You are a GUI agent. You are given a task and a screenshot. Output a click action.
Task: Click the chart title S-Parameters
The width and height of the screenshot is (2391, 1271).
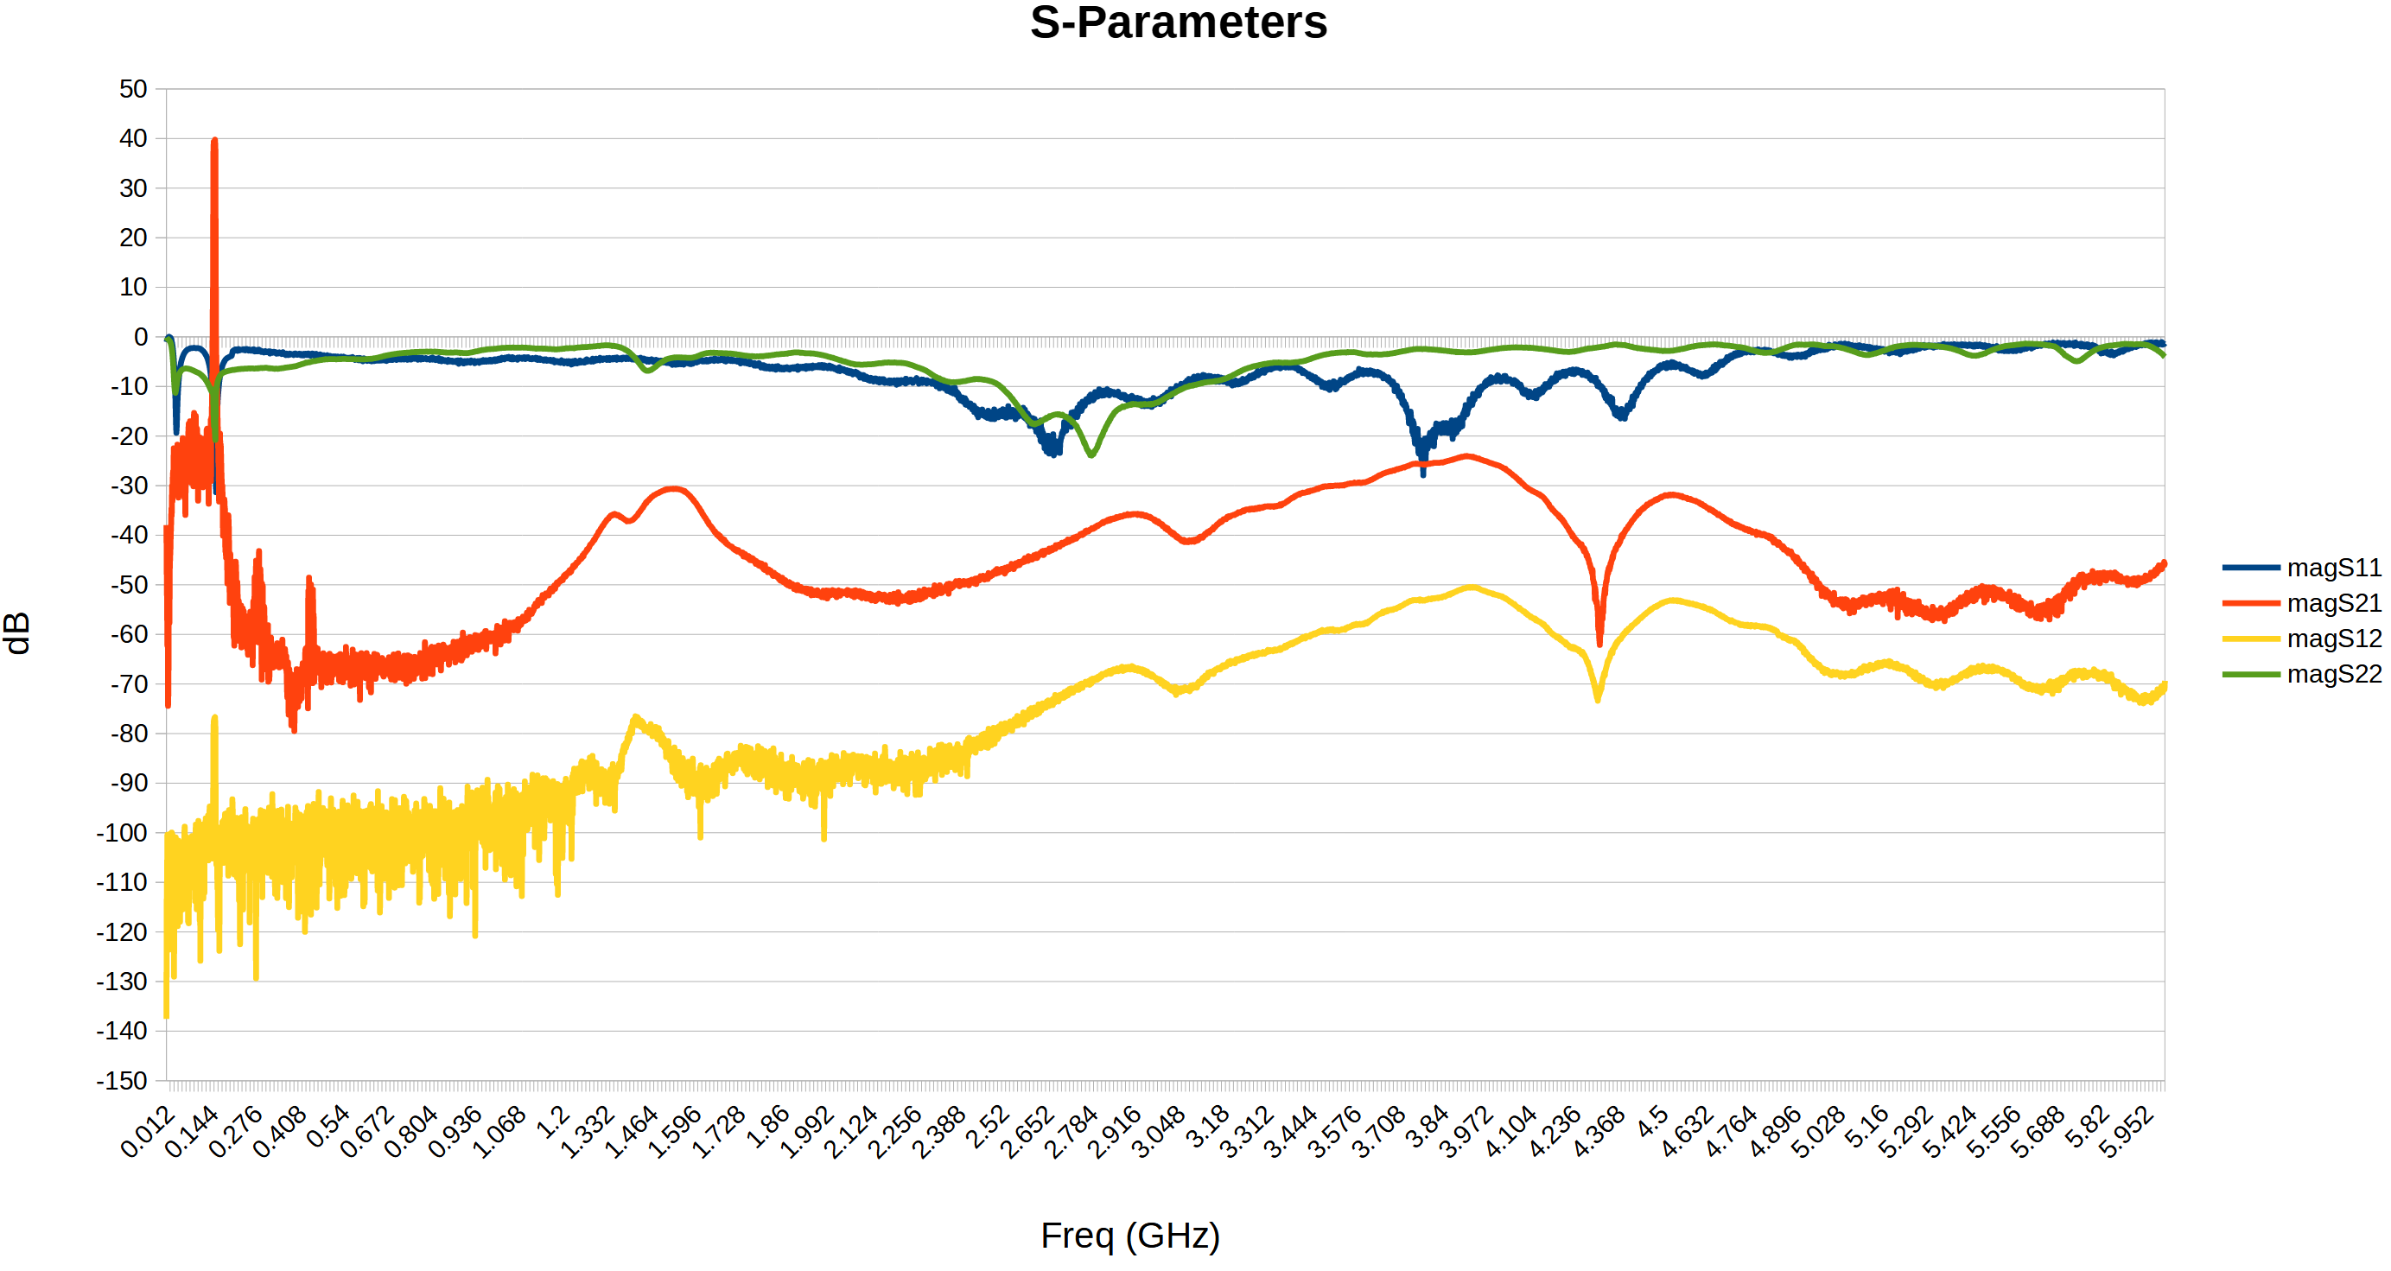click(x=1178, y=22)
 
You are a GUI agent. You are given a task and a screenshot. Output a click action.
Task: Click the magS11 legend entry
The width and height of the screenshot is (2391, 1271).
click(x=2332, y=568)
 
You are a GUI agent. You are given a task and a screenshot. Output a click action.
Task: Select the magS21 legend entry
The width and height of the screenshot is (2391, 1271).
click(x=2332, y=603)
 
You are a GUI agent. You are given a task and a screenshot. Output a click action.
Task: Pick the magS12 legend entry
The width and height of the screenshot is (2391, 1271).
click(x=2332, y=639)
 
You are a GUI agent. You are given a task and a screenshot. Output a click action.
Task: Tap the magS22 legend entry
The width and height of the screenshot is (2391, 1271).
click(x=2332, y=674)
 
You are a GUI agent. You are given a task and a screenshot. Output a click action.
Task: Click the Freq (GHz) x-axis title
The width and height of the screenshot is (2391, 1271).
click(x=1129, y=1236)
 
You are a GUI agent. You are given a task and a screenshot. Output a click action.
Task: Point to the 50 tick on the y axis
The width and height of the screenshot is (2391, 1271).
click(x=133, y=89)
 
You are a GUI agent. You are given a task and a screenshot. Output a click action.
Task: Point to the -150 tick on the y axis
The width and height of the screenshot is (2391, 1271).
click(x=122, y=1081)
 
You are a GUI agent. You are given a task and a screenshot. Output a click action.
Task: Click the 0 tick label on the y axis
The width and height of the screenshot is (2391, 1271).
click(x=140, y=337)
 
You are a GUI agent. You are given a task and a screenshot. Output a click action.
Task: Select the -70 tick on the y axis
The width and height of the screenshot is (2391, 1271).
click(x=128, y=684)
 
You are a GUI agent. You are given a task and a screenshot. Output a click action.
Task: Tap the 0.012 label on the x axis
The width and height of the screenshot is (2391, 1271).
click(x=148, y=1132)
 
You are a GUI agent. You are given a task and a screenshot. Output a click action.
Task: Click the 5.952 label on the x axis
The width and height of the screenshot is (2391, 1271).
click(x=2127, y=1132)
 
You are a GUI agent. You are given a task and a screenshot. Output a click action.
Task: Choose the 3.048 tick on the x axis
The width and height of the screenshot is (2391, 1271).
click(x=1159, y=1132)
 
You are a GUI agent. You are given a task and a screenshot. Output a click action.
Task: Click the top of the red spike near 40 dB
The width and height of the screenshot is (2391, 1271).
click(x=214, y=141)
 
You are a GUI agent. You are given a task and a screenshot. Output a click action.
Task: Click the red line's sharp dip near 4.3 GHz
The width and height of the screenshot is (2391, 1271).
click(x=1599, y=643)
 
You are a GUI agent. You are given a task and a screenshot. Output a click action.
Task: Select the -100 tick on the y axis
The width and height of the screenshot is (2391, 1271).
click(x=122, y=833)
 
